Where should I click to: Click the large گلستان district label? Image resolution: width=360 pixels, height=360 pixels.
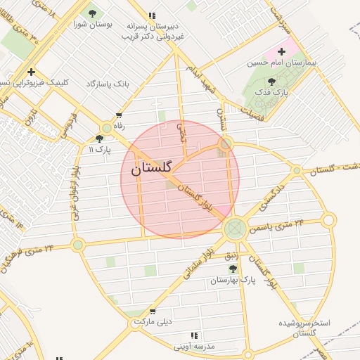(x=151, y=169)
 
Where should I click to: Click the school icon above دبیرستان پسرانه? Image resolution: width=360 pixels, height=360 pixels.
(x=152, y=15)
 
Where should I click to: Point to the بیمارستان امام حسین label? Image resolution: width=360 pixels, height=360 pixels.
(x=281, y=63)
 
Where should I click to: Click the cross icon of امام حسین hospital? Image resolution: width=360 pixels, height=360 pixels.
(x=282, y=51)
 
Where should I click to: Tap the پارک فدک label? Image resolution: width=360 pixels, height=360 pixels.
(x=271, y=92)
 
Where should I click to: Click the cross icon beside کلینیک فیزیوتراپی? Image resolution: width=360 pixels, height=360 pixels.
(x=31, y=72)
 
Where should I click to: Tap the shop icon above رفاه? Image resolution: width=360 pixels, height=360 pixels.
(x=119, y=115)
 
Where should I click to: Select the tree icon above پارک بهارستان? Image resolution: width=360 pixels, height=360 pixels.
(x=233, y=268)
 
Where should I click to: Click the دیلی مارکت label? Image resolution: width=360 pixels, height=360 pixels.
(x=153, y=322)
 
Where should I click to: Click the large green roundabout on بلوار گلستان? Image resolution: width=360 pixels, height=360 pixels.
(x=235, y=228)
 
